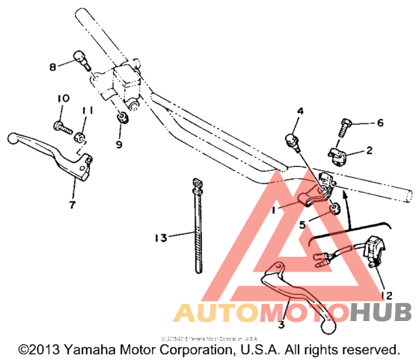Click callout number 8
(52, 67)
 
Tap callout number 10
(62, 99)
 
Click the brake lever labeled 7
(52, 150)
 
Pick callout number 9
(119, 142)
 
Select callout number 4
(300, 112)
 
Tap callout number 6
(379, 123)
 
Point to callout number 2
(368, 150)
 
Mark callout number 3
(281, 325)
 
